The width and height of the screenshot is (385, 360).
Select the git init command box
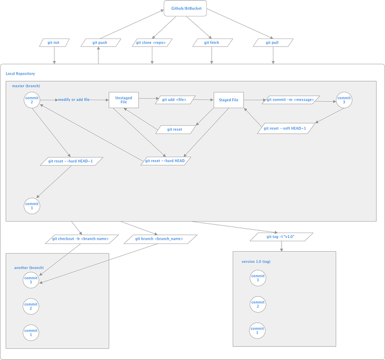tap(54, 42)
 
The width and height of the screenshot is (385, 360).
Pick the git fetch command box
tap(211, 42)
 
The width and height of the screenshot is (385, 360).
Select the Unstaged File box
tap(124, 99)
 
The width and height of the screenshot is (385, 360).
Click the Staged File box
tap(228, 99)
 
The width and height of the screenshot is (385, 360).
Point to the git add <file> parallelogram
tap(174, 99)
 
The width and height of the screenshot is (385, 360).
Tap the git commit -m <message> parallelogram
tap(290, 99)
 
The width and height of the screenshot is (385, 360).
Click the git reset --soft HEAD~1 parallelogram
tap(284, 128)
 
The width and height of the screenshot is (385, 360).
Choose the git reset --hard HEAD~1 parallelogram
tap(71, 161)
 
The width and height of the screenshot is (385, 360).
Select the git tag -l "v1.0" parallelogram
tap(282, 236)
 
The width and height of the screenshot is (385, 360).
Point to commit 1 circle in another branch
tap(31, 332)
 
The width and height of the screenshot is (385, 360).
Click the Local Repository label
tap(20, 74)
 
